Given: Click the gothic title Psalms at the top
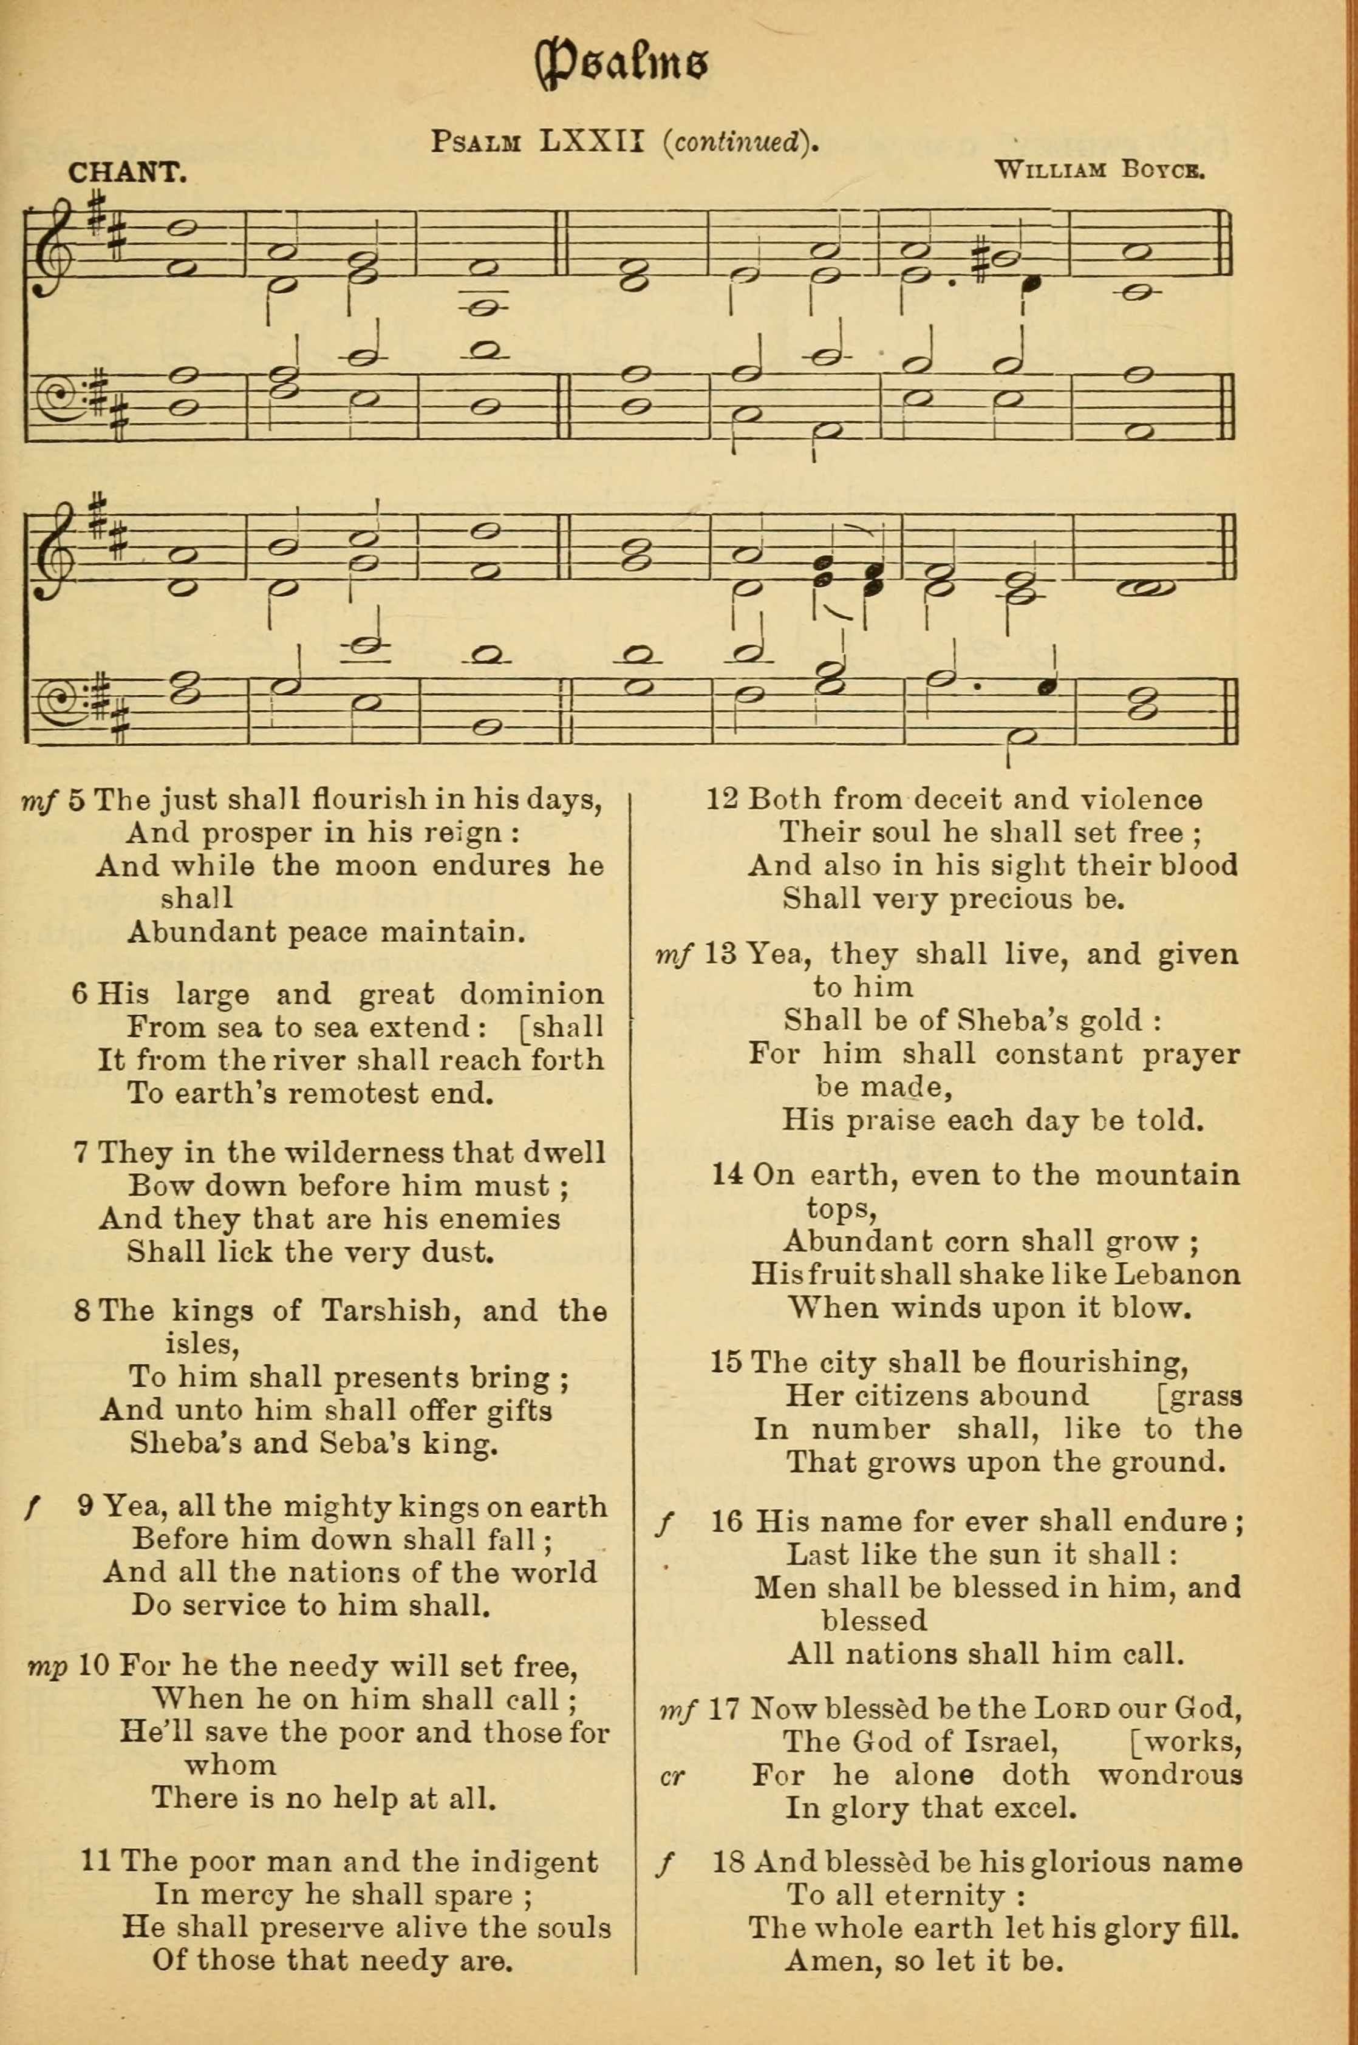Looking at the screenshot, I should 622,65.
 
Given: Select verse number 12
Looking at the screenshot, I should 722,799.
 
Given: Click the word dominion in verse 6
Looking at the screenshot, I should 532,993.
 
